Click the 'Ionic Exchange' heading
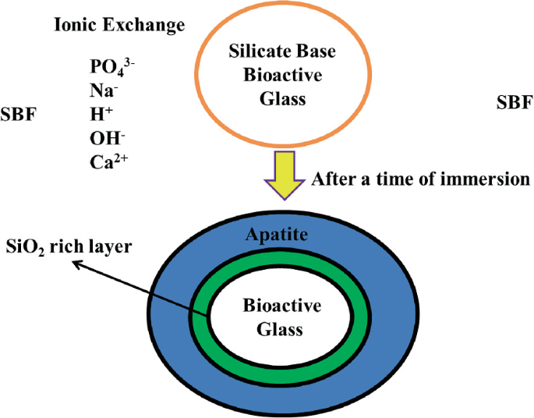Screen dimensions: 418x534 pyautogui.click(x=119, y=26)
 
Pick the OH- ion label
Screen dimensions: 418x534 pyautogui.click(x=108, y=138)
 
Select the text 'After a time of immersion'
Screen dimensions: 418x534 pyautogui.click(x=420, y=179)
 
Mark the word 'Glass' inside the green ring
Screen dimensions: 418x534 pyautogui.click(x=271, y=328)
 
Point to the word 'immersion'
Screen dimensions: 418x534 pyautogui.click(x=490, y=179)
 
